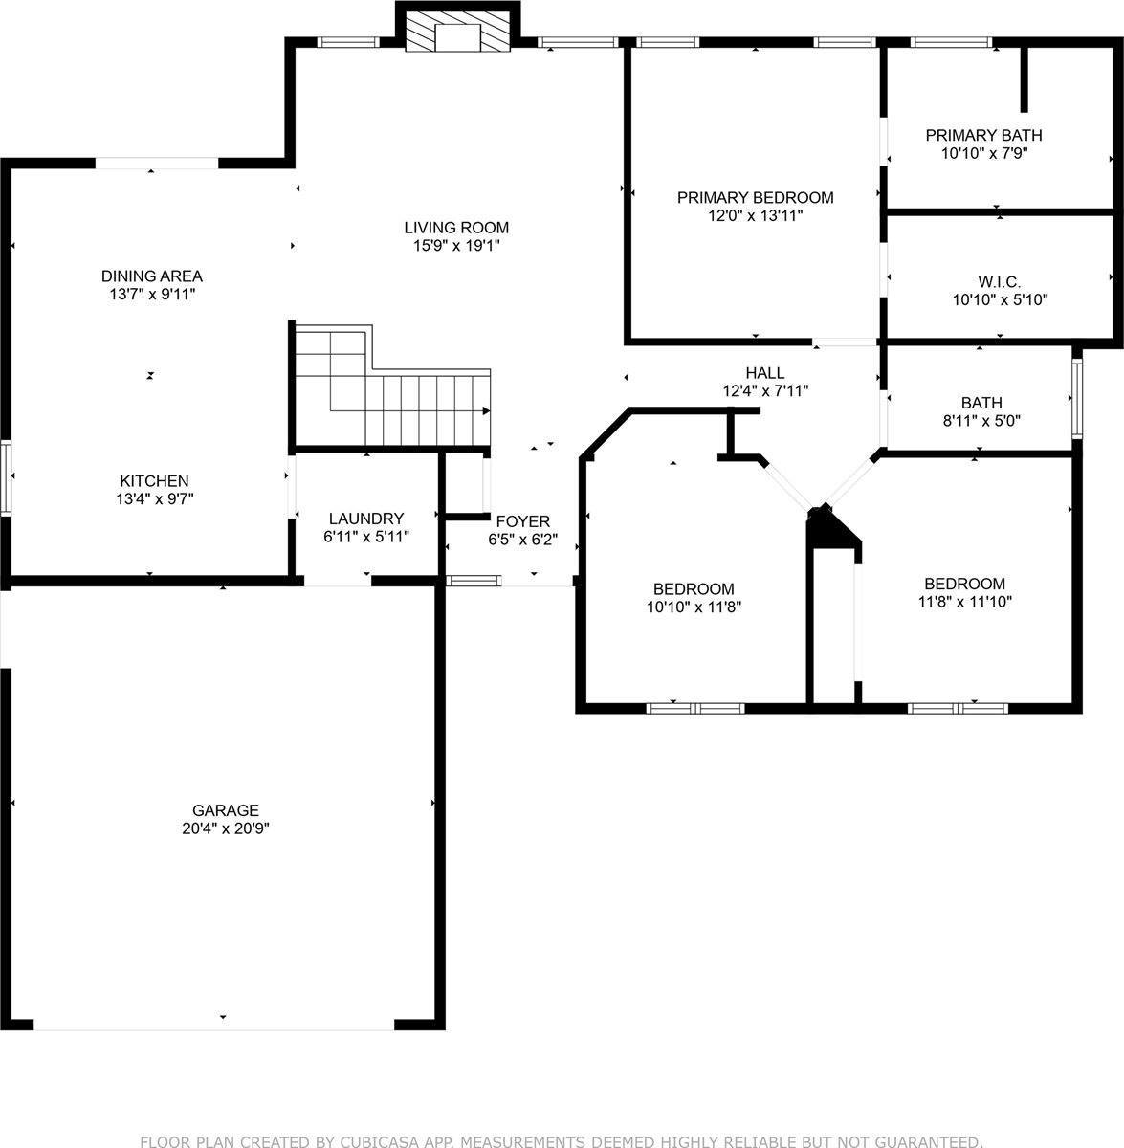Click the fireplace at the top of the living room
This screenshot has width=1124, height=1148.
[455, 33]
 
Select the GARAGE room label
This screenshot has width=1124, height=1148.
[225, 810]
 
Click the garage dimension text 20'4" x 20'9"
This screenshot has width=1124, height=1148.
[225, 829]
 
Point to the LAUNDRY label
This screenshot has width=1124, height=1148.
[366, 519]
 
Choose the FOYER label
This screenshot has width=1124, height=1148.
[522, 521]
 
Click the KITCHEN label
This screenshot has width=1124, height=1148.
[154, 480]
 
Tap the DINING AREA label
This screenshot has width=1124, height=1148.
[152, 276]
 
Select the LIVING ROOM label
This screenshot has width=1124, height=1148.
[456, 228]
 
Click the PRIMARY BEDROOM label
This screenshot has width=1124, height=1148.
[755, 198]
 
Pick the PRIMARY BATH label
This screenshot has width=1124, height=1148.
[983, 135]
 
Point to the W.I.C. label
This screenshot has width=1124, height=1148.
[999, 282]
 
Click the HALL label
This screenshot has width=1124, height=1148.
[765, 373]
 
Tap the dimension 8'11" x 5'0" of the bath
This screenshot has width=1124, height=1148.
[981, 420]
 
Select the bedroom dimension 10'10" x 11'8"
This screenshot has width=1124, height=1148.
[694, 607]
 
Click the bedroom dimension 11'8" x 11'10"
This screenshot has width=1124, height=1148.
[964, 602]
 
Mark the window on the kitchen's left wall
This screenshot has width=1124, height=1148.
[6, 478]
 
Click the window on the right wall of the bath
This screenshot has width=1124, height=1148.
[1077, 397]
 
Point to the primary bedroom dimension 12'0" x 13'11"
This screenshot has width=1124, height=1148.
[755, 216]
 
